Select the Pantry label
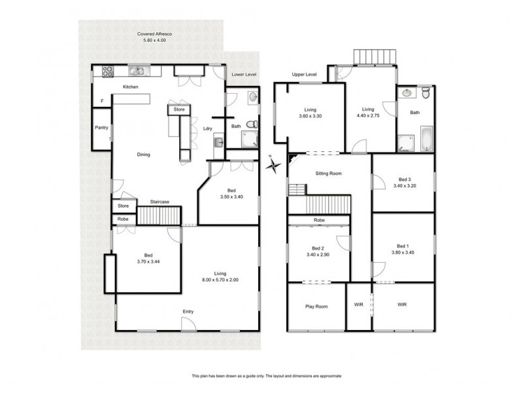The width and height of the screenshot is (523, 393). tap(101, 128)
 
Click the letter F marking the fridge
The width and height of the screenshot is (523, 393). tap(101, 101)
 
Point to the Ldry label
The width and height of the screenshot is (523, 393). tap(207, 128)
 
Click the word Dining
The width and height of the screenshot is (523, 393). tap(143, 155)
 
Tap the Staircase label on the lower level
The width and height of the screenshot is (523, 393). tap(160, 202)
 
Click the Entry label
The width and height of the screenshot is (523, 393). tap(188, 312)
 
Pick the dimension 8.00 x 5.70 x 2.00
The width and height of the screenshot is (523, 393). tap(220, 280)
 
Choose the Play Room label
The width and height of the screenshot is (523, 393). tap(316, 306)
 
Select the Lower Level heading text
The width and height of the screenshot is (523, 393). tap(243, 75)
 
